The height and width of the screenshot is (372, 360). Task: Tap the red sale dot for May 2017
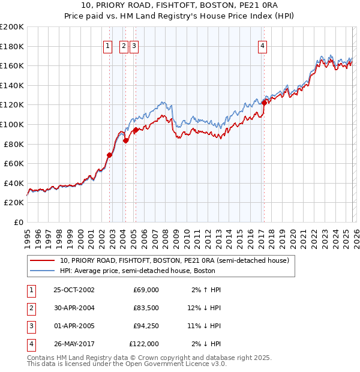click(x=264, y=103)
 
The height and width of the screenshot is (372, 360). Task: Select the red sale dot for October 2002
click(x=109, y=155)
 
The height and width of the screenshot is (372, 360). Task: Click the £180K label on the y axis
click(x=12, y=46)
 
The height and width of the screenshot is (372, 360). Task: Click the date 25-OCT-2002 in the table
click(x=74, y=290)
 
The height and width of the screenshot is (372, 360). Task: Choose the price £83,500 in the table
click(x=146, y=308)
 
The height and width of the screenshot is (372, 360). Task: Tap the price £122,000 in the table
click(x=144, y=344)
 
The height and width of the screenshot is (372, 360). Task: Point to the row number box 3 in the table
click(x=31, y=326)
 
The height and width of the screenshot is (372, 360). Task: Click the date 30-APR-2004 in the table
click(x=74, y=308)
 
